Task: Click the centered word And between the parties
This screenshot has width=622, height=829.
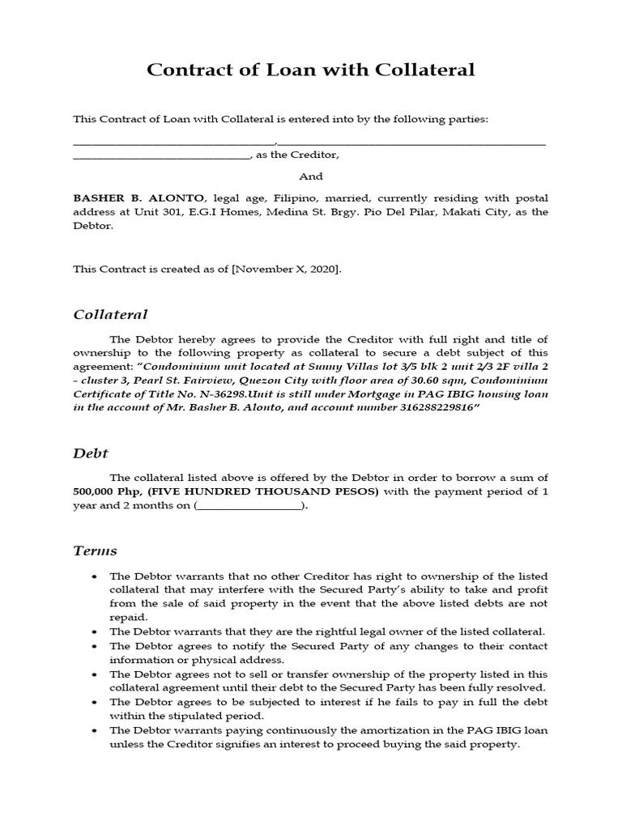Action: pos(311,176)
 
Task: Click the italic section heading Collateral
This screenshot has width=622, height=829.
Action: pos(110,314)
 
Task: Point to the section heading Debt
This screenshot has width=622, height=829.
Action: pos(91,453)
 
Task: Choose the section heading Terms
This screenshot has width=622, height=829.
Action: pos(95,551)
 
